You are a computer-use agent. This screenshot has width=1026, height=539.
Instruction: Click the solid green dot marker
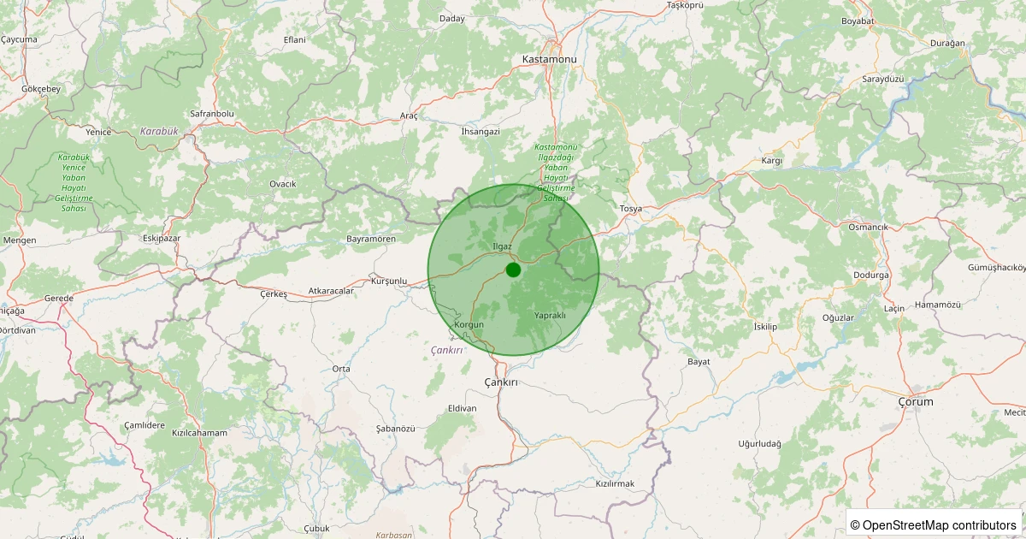coord(513,269)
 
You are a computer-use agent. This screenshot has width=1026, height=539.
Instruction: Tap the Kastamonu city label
coord(549,59)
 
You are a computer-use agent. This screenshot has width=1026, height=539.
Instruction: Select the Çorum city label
coord(916,401)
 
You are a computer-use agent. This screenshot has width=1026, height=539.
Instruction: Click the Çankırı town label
coord(501,382)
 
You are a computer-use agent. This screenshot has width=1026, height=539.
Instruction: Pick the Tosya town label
coord(630,209)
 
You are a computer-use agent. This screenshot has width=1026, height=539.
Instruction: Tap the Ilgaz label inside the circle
coord(502,246)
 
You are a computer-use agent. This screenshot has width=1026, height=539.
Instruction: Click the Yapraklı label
coord(550,316)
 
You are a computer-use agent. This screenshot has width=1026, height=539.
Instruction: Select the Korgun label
coord(469,325)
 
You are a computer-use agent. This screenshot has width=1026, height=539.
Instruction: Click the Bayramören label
coord(370,239)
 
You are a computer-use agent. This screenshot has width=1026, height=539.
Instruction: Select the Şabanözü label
coord(395,428)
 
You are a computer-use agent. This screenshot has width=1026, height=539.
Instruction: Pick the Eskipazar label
coord(162,238)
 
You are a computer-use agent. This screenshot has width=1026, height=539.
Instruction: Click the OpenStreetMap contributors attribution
coord(934,524)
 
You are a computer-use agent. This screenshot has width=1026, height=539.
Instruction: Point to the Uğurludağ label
coord(760,444)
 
